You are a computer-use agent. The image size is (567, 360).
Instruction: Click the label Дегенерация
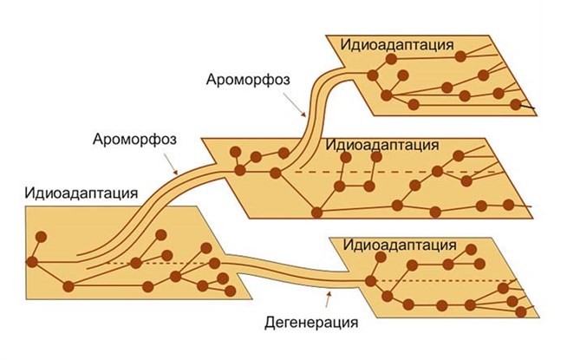click(312, 324)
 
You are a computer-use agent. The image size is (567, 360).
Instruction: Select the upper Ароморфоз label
click(249, 80)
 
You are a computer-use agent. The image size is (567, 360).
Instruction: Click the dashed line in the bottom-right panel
click(451, 281)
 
